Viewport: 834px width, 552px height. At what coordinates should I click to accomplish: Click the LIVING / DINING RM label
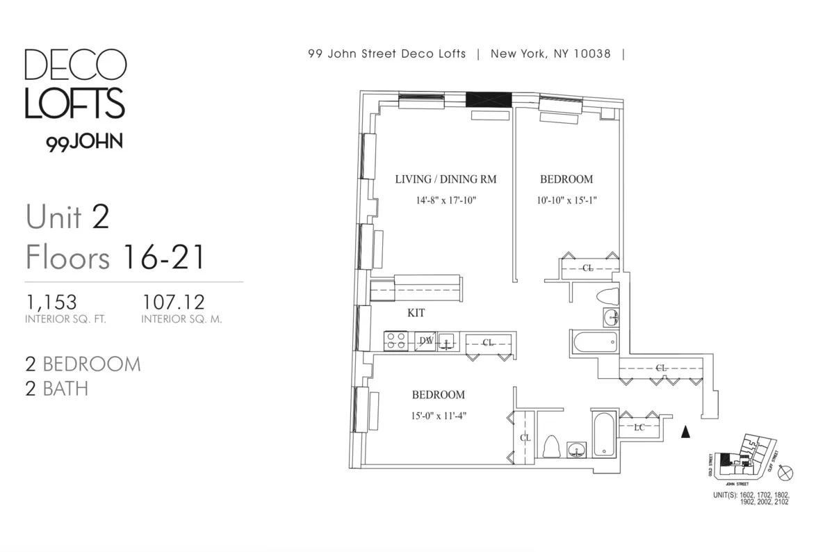pyautogui.click(x=445, y=179)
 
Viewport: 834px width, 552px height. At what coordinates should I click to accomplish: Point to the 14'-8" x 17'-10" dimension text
pyautogui.click(x=445, y=200)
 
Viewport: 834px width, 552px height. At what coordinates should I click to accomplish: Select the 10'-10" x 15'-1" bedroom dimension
pyautogui.click(x=566, y=200)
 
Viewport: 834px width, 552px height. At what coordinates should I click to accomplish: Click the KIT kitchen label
pyautogui.click(x=416, y=314)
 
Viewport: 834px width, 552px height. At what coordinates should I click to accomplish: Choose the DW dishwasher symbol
pyautogui.click(x=425, y=341)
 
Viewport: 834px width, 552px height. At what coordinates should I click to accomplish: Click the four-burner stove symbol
pyautogui.click(x=397, y=341)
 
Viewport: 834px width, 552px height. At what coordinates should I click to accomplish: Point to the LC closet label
pyautogui.click(x=639, y=428)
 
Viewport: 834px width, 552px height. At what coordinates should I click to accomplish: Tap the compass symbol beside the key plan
pyautogui.click(x=786, y=473)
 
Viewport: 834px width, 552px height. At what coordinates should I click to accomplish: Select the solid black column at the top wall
pyautogui.click(x=488, y=99)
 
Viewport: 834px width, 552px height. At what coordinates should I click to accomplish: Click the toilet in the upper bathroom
pyautogui.click(x=608, y=295)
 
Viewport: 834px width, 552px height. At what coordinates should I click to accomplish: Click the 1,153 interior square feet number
pyautogui.click(x=51, y=302)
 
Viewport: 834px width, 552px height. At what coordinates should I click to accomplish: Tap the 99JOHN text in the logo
pyautogui.click(x=84, y=143)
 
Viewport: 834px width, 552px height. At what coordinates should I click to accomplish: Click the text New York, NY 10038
pyautogui.click(x=550, y=54)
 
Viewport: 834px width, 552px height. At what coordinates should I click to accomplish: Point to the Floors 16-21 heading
pyautogui.click(x=115, y=258)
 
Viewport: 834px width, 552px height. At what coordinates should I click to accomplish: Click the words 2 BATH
pyautogui.click(x=57, y=388)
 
